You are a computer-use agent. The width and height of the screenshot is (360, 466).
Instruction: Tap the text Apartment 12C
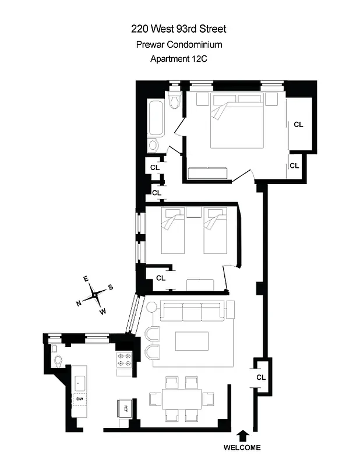coord(179,58)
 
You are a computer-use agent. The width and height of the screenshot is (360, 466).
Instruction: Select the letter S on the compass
coord(110,287)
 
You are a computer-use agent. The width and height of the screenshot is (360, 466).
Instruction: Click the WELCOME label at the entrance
coord(243,448)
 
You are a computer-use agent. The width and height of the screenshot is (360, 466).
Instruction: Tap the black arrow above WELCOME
coord(243,435)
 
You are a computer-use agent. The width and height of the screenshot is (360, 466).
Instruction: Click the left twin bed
coord(173,231)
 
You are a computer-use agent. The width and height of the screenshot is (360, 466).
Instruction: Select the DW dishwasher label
coord(78,399)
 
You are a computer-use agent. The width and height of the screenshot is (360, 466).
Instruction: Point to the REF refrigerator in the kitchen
coord(125,408)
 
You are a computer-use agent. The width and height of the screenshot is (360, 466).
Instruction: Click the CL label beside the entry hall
coord(261,377)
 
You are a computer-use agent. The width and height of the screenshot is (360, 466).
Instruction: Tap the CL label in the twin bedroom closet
coord(161,278)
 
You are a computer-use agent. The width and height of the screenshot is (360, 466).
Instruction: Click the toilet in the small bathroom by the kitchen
coord(57,361)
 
